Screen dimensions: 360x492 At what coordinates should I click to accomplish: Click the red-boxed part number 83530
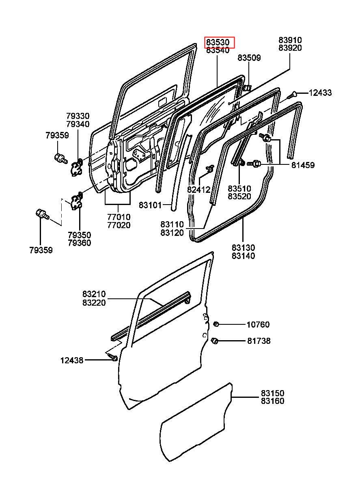(218, 42)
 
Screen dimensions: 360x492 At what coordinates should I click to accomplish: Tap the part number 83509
(249, 58)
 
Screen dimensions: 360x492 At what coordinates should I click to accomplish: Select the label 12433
(320, 93)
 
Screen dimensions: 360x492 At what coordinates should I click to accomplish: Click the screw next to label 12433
(292, 95)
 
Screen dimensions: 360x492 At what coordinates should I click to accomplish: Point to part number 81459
(303, 165)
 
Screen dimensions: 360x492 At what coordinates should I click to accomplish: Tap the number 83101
(150, 205)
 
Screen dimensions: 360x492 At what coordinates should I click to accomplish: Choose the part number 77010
(119, 217)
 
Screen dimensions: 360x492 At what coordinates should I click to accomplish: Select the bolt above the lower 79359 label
(42, 214)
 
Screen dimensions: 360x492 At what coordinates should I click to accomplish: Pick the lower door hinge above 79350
(76, 201)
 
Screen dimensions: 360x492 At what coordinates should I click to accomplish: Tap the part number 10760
(258, 325)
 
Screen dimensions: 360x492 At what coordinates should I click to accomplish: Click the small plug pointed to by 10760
(216, 324)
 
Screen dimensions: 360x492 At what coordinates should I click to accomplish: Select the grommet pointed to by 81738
(215, 341)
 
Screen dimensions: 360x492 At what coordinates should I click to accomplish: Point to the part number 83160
(272, 401)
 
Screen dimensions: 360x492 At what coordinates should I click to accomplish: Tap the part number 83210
(94, 294)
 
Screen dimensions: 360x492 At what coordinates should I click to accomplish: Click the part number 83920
(290, 48)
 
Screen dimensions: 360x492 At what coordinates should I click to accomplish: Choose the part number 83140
(244, 256)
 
